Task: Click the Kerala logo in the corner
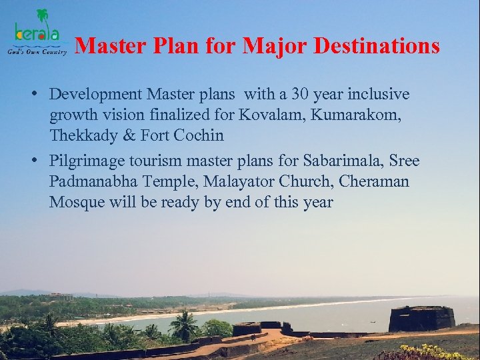click(37, 30)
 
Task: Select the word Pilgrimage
click(87, 161)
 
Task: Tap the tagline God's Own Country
click(37, 51)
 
